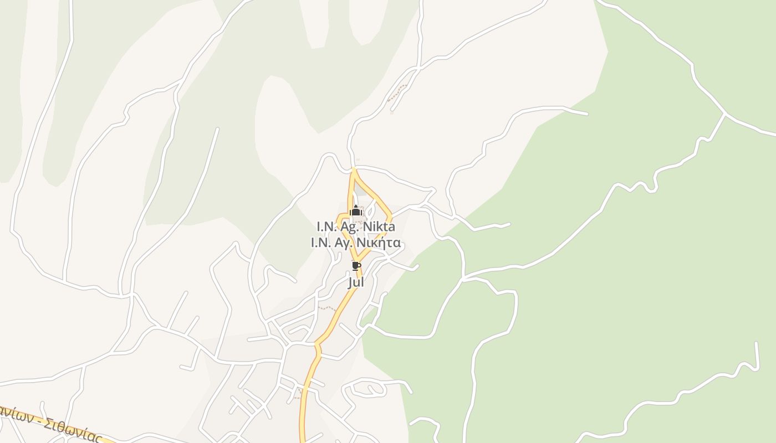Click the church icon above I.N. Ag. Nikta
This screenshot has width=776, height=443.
356,211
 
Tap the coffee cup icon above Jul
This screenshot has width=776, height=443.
356,266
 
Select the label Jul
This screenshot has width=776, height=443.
356,282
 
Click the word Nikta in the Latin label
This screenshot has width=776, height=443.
380,226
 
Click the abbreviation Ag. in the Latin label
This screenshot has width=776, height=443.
350,227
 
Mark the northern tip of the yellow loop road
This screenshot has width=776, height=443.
354,169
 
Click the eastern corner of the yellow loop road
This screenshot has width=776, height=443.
391,215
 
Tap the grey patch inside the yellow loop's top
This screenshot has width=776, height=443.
361,190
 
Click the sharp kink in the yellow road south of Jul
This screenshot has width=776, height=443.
318,346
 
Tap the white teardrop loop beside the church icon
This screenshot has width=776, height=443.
371,209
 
